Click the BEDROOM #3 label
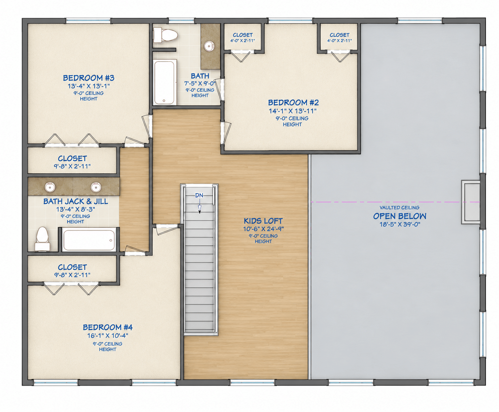(89, 78)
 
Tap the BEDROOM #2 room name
(293, 103)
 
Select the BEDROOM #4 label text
(107, 327)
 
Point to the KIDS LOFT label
(263, 221)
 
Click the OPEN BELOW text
(400, 216)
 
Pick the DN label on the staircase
(199, 196)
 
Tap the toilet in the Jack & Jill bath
(42, 239)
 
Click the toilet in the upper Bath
(165, 35)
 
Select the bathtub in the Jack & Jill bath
(89, 240)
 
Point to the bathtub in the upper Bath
(165, 82)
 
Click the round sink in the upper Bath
(209, 46)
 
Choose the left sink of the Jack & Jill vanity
(50, 187)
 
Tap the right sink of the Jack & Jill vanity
(96, 187)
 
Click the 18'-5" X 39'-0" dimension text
(400, 224)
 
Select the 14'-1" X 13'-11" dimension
(293, 111)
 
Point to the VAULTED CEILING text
(400, 207)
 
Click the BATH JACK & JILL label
(76, 201)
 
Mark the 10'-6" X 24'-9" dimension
(263, 229)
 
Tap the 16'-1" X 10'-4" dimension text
(107, 336)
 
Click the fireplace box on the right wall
(470, 202)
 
